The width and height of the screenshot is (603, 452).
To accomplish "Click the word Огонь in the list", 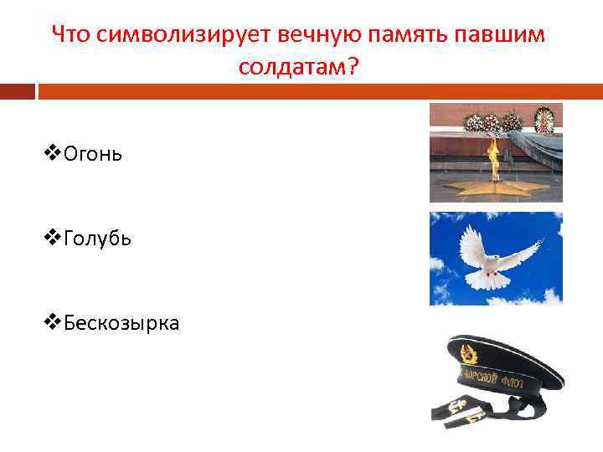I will [91, 155].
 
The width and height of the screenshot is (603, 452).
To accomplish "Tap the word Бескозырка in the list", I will [120, 322].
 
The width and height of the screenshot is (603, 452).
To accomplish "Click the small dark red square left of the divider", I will [18, 90].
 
